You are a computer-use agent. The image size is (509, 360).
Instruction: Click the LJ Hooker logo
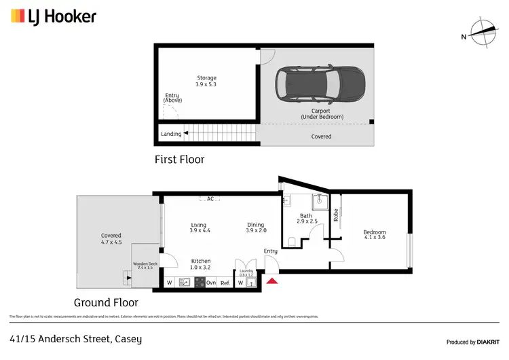click(x=53, y=16)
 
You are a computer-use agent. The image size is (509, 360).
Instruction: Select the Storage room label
click(x=206, y=78)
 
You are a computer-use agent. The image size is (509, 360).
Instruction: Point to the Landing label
click(x=171, y=134)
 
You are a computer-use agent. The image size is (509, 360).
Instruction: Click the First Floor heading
click(x=178, y=160)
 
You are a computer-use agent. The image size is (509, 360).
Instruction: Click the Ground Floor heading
click(x=106, y=303)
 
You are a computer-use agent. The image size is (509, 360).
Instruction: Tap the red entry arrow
click(x=271, y=281)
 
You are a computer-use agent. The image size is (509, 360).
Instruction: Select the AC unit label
click(x=210, y=199)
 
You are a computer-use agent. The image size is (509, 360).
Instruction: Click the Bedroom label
click(x=375, y=232)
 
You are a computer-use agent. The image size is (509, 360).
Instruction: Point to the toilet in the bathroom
click(x=291, y=241)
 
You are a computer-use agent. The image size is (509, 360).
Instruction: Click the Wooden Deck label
click(x=145, y=264)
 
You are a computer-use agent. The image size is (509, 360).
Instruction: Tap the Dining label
click(x=255, y=225)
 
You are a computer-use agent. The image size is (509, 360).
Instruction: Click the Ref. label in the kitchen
click(x=225, y=283)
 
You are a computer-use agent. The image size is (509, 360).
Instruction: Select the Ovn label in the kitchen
click(x=211, y=283)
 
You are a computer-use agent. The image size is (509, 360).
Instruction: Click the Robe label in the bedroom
click(x=335, y=215)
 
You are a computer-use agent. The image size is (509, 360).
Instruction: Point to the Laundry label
click(x=245, y=271)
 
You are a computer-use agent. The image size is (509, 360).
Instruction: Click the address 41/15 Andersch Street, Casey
click(x=76, y=338)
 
